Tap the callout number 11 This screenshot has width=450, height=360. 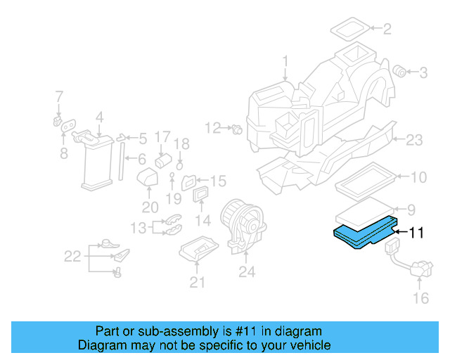416,233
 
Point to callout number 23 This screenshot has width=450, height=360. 414,140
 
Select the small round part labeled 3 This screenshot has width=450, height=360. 399,71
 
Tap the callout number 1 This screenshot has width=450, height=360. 285,62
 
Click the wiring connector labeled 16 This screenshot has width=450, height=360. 416,269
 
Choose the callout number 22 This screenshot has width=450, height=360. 72,257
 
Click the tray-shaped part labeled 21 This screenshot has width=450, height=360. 198,250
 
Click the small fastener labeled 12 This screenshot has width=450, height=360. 236,129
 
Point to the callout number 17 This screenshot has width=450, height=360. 162,136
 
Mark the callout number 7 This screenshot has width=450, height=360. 59,96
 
